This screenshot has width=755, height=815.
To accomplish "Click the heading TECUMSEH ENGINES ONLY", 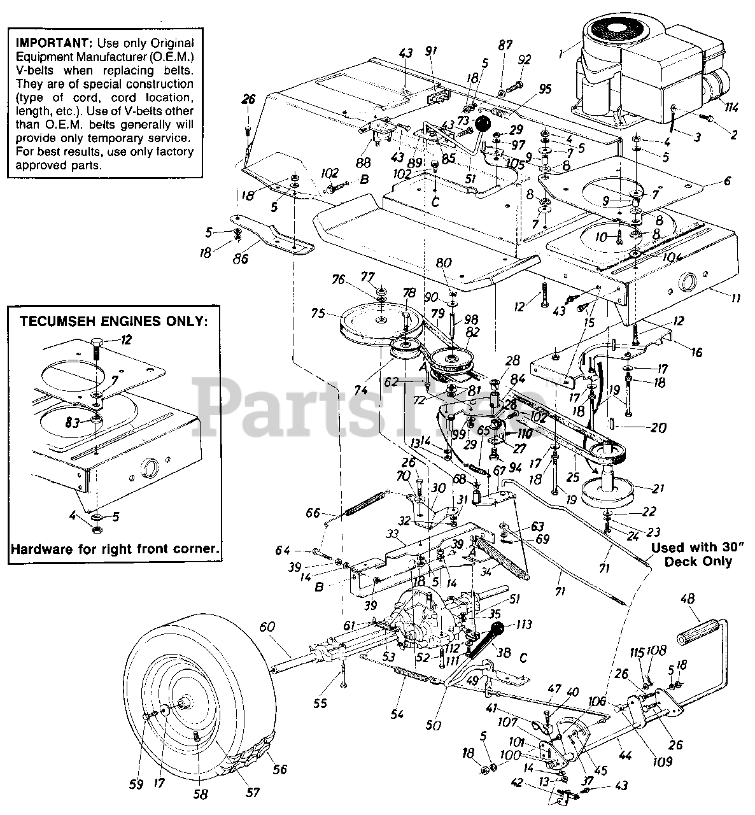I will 114,322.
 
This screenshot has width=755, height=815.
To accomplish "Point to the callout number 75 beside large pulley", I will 318,313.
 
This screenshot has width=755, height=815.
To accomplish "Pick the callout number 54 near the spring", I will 397,714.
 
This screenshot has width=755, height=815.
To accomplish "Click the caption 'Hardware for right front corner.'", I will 115,548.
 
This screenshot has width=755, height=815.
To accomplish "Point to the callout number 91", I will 431,52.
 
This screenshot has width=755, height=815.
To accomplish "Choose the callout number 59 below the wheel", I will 136,785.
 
